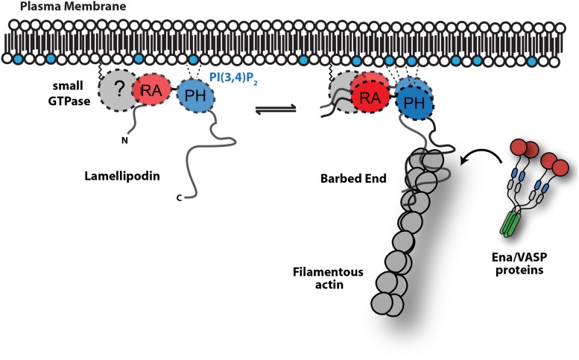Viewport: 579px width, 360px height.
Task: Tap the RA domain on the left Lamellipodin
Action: tap(151, 92)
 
